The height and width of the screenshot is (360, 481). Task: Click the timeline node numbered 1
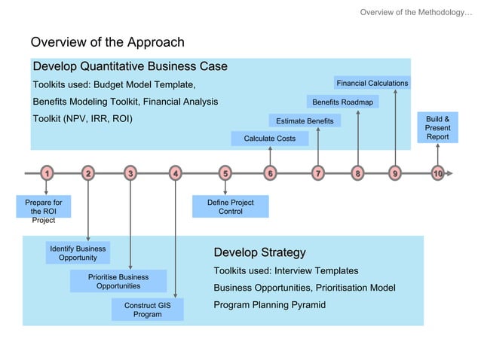(x=47, y=174)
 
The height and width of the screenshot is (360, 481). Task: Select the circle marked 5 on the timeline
(x=225, y=174)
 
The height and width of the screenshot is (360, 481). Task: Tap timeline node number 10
(x=437, y=174)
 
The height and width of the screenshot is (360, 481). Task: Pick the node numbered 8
(x=357, y=174)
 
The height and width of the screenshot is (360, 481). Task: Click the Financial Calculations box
(x=372, y=83)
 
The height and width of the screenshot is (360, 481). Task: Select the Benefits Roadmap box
(x=342, y=102)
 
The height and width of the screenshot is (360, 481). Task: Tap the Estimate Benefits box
(x=305, y=121)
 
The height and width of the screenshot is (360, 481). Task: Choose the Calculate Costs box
(x=269, y=139)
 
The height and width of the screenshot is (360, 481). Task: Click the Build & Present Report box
(x=437, y=128)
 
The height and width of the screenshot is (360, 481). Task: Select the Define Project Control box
(x=230, y=207)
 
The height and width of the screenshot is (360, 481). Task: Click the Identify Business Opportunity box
(x=78, y=253)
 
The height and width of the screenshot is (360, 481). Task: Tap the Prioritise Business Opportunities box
(x=118, y=281)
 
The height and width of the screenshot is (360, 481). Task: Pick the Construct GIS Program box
(x=147, y=310)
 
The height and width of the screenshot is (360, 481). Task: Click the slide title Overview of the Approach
(x=107, y=42)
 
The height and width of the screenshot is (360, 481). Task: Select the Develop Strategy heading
(x=259, y=252)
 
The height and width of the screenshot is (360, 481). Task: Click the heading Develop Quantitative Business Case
(x=130, y=66)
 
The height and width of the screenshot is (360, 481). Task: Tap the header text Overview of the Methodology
(x=415, y=12)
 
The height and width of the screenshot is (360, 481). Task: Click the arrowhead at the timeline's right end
(x=450, y=174)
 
